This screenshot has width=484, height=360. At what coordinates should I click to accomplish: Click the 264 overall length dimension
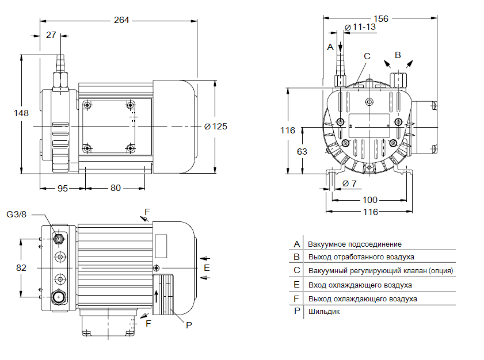121,20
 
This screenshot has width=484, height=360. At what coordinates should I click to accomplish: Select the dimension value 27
51,35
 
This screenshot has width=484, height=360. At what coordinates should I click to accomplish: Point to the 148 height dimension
21,113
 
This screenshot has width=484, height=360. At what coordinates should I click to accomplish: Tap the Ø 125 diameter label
215,127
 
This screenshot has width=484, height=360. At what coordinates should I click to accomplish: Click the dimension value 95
62,187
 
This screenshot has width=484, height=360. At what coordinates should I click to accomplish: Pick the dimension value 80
116,187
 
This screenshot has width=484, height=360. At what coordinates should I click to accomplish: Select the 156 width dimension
381,18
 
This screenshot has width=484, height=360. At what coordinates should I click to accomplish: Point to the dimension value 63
301,151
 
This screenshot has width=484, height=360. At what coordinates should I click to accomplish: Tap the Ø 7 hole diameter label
349,183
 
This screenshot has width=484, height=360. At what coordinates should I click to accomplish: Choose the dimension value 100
370,200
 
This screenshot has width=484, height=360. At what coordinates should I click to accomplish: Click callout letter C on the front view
367,56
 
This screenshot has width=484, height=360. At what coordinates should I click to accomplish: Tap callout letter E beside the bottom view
207,268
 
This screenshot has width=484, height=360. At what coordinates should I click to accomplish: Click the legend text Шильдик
324,312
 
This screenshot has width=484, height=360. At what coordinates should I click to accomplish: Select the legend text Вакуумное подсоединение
355,244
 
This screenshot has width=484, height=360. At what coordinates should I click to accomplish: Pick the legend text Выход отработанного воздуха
361,257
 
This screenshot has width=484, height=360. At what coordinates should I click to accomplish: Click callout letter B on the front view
397,55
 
